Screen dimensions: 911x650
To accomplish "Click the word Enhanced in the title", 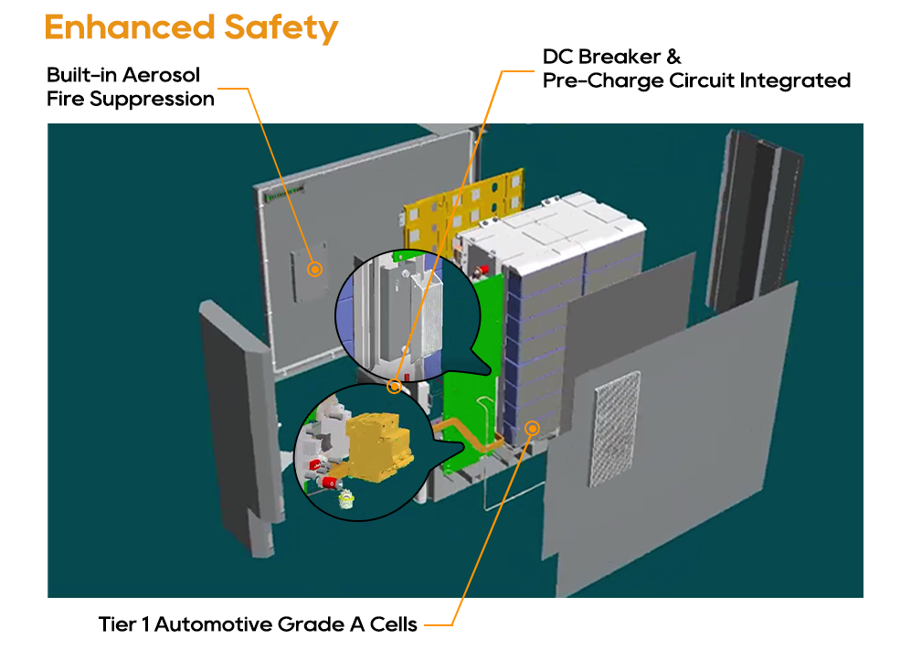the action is click(130, 27).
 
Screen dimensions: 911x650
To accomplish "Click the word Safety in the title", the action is click(281, 29).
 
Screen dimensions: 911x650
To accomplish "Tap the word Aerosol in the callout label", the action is click(161, 75).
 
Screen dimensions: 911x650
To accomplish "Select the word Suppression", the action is click(152, 100).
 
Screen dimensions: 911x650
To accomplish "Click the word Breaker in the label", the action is click(620, 57).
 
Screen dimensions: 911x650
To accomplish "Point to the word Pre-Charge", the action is click(603, 80).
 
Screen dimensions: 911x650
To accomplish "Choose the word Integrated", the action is click(795, 80).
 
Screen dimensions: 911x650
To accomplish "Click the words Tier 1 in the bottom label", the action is click(124, 624).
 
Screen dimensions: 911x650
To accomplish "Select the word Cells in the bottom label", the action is click(393, 624).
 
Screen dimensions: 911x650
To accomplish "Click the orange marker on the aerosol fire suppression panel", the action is click(315, 269).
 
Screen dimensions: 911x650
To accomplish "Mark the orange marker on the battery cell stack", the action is click(532, 429).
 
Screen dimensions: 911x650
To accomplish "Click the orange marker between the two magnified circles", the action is click(395, 386).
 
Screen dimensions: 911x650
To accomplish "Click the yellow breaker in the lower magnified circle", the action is click(377, 446).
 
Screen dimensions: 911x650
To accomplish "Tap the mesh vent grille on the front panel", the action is click(617, 428).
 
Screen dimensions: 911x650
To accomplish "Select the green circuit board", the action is click(471, 378).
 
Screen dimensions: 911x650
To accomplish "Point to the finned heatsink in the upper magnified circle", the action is click(428, 317).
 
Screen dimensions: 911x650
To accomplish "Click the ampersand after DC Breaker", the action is click(674, 57).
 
